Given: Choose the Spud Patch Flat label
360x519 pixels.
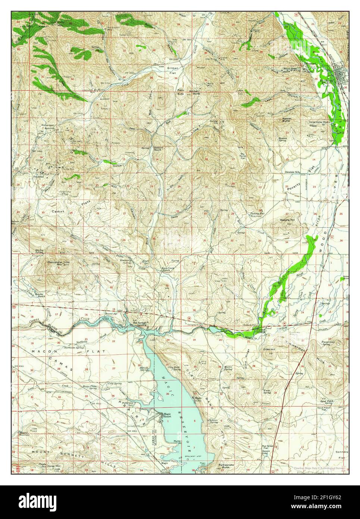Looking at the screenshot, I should coord(328,413).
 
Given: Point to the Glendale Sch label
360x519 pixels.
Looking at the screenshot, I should coord(293,172).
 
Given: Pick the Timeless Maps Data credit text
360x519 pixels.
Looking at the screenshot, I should coord(321,468).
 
